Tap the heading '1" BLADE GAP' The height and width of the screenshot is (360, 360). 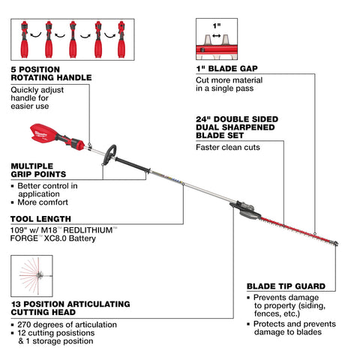point(224,67)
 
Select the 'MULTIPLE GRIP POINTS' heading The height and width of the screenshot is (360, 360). point(40,169)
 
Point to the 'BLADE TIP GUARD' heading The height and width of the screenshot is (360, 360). point(285,286)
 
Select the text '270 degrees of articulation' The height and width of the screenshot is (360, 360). point(65,323)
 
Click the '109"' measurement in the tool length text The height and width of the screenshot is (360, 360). point(19,231)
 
